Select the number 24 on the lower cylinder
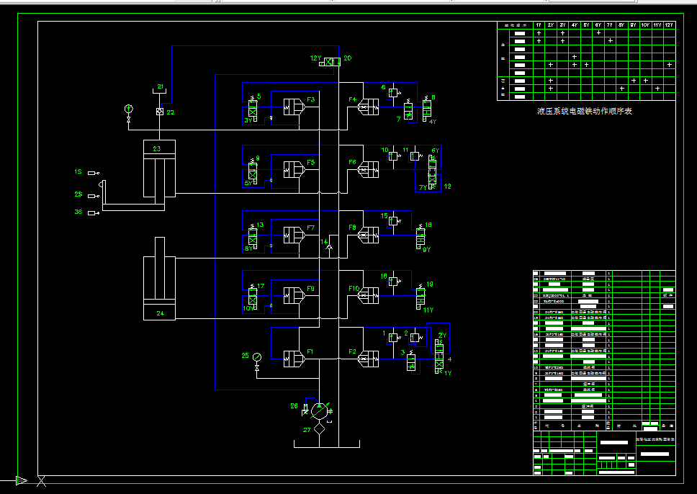(x=159, y=313)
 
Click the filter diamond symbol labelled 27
(x=319, y=428)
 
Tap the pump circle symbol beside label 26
(x=319, y=411)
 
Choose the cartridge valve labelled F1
(x=294, y=358)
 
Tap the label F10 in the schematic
(x=354, y=289)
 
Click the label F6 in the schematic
(x=353, y=163)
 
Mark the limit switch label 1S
(x=78, y=172)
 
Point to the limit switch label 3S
(x=78, y=212)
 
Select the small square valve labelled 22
(x=160, y=112)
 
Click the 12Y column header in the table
(x=669, y=25)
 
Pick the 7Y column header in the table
(x=610, y=25)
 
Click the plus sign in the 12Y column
(x=669, y=65)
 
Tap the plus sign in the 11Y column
(x=657, y=89)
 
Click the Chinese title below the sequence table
(x=584, y=112)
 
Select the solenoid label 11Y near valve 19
(x=428, y=310)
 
